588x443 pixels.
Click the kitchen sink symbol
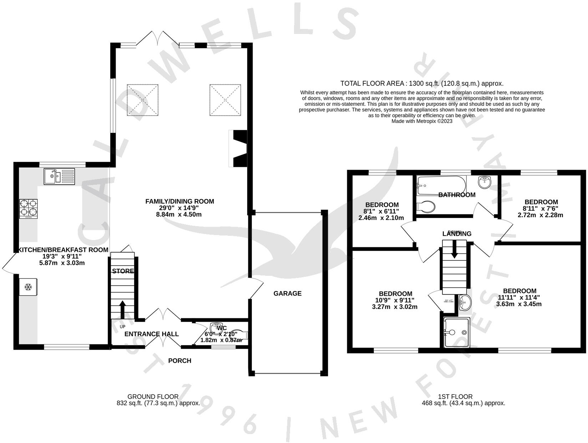60,176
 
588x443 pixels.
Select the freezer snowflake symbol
28,287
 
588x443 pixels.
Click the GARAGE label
287,293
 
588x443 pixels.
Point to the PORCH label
179,360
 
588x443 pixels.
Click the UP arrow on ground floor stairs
122,309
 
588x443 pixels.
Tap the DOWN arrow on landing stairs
454,249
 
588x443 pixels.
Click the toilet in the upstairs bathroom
426,206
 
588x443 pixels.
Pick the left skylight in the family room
143,100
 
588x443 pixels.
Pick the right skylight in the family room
225,100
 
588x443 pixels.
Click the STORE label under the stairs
123,271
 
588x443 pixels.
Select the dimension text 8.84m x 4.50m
179,214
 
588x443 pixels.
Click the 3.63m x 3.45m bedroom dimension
519,304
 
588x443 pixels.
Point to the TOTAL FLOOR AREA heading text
422,84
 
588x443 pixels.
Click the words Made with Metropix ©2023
422,121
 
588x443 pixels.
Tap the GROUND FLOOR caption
153,397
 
